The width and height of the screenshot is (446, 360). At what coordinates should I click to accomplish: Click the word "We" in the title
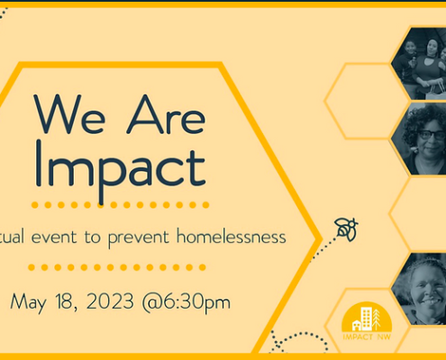point(69,114)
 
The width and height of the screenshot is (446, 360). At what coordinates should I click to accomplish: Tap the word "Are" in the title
point(166,114)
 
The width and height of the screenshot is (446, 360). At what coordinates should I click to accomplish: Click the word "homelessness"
point(232,237)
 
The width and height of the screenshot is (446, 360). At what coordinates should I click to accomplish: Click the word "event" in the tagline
point(54,238)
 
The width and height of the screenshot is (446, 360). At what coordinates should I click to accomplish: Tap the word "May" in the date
point(29,302)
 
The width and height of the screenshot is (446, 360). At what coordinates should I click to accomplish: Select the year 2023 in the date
point(110,301)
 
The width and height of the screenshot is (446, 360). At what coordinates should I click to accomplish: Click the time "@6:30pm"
point(187,302)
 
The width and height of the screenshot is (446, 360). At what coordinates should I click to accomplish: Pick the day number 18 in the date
point(65,301)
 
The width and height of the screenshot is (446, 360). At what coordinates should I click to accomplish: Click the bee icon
point(346,229)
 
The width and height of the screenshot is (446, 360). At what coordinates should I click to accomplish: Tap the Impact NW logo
point(367,321)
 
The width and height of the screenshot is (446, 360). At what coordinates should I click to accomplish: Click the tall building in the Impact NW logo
point(367,319)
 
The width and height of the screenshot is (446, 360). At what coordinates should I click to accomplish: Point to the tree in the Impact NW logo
point(377,319)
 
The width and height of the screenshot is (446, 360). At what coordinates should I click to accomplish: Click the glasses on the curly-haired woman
point(432,135)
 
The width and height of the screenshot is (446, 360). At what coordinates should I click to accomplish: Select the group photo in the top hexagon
point(419,64)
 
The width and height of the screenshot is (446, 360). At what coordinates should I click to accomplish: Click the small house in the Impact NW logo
point(357,326)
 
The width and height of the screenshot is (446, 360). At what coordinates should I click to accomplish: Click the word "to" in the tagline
point(92,238)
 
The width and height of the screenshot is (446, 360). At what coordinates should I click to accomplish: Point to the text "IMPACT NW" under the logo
point(367,337)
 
